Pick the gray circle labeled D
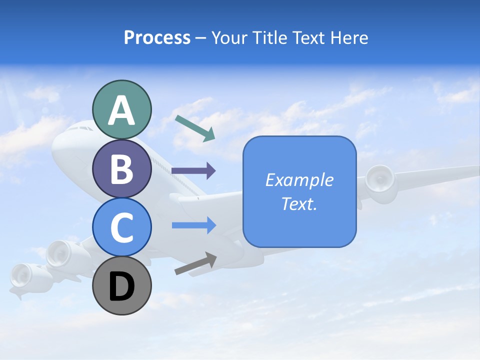tap(122, 285)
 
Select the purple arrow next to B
tap(193, 171)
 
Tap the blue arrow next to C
tap(193, 225)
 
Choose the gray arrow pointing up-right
tap(195, 263)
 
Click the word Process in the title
tap(157, 37)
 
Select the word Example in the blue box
tap(299, 180)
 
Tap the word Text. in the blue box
tap(299, 203)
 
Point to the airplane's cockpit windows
tap(80, 128)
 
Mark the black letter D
tap(122, 286)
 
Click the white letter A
tap(122, 110)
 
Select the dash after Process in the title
tap(201, 38)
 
